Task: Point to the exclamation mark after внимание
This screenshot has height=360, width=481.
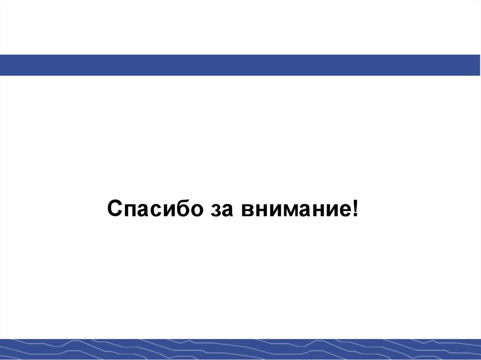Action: coord(354,207)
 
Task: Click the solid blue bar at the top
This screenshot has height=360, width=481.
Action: coord(240,65)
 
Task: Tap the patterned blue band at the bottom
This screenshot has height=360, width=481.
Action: coord(240,349)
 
